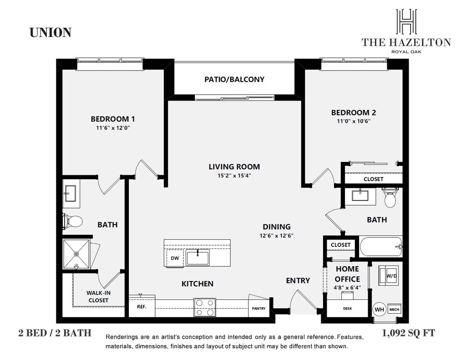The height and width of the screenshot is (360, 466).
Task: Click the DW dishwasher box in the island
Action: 175,258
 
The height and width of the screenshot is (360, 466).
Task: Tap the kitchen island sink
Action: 198,257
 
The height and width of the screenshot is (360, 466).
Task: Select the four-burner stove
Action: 205,307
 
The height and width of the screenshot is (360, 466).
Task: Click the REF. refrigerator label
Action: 142,306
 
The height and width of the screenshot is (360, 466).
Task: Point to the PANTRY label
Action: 258,308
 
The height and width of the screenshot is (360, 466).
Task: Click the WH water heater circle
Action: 379,309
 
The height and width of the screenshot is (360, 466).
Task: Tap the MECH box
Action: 394,309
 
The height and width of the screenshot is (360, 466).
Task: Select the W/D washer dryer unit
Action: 388,275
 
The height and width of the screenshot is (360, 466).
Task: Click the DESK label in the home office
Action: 347,309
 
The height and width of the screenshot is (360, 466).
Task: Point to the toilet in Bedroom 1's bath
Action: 72,221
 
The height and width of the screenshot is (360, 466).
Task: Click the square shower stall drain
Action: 76,254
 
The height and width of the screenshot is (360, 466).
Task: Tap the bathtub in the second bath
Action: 381,247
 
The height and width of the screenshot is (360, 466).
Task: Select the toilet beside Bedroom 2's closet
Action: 390,197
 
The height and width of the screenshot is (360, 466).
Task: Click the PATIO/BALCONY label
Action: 234,79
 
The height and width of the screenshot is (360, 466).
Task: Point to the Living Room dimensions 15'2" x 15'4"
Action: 234,176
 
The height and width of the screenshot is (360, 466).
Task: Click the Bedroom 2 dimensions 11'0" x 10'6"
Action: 354,121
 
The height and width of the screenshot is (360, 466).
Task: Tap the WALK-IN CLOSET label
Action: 98,296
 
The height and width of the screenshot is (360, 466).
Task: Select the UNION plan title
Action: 51,33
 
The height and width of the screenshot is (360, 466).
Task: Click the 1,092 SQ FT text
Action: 408,333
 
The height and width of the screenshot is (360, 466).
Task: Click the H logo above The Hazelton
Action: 406,21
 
